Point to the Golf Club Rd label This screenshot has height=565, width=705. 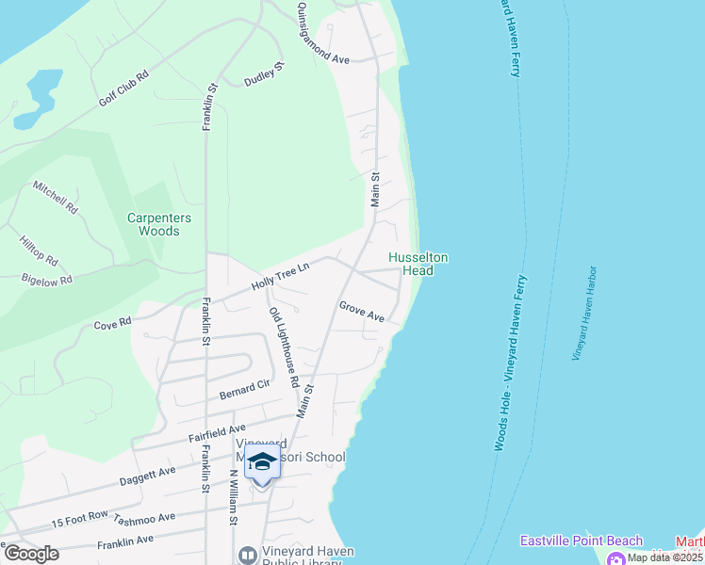pyautogui.click(x=124, y=89)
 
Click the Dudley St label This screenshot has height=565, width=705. pyautogui.click(x=265, y=74)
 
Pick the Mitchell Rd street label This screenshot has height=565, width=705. pyautogui.click(x=56, y=197)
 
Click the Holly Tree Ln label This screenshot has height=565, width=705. pyautogui.click(x=280, y=277)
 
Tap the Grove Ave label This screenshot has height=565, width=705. pyautogui.click(x=362, y=312)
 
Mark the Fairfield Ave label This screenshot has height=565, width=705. pyautogui.click(x=217, y=433)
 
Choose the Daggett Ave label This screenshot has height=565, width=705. pyautogui.click(x=148, y=476)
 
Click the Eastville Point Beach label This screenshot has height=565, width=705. pyautogui.click(x=582, y=541)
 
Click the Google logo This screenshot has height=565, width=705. pyautogui.click(x=31, y=553)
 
